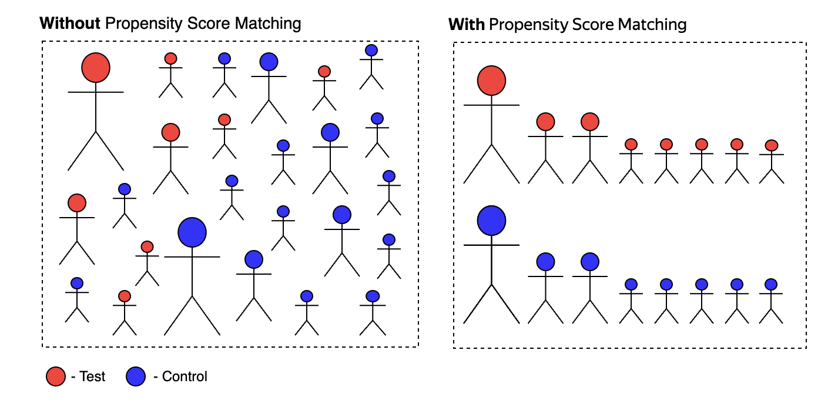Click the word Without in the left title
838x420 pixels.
(x=70, y=24)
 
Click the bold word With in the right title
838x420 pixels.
(x=467, y=25)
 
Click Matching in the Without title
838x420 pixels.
(x=268, y=24)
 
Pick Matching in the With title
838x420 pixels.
(x=652, y=25)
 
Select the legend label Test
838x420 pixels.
(x=92, y=376)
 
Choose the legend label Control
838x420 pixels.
(x=185, y=376)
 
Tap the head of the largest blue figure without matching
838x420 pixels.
(x=192, y=232)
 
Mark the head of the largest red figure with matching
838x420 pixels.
(x=492, y=81)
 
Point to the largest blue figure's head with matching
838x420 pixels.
(x=492, y=220)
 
